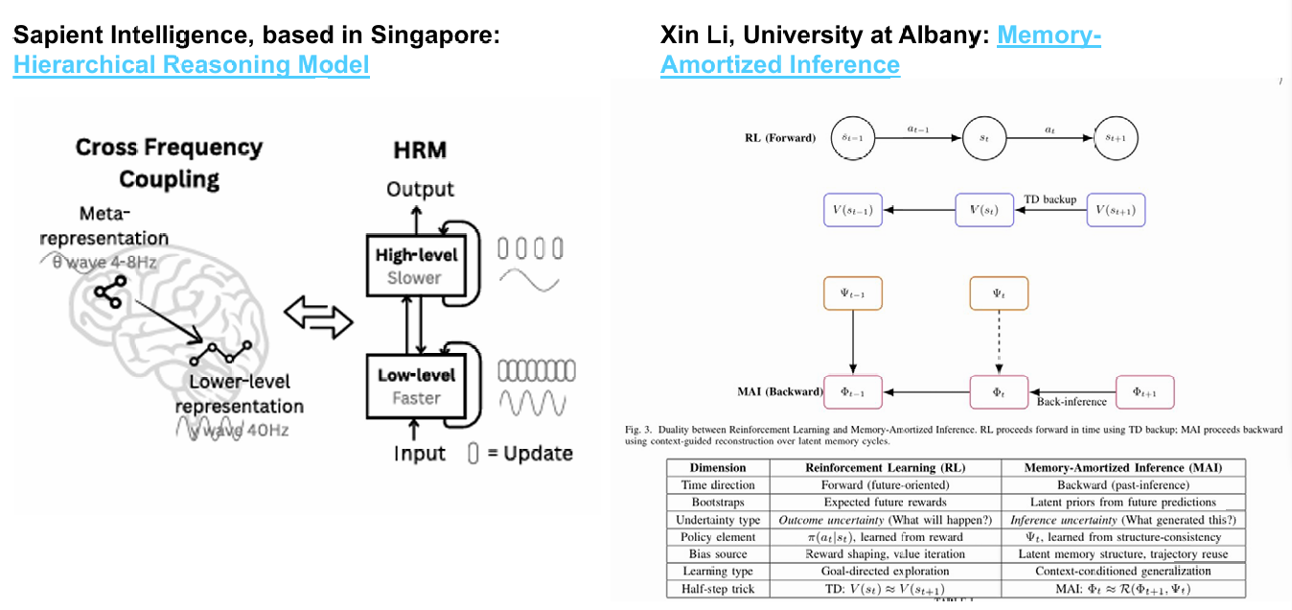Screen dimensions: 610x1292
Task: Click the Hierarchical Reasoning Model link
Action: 191,65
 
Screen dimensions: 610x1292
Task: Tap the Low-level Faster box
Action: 416,386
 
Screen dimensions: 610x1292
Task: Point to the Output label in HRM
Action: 420,189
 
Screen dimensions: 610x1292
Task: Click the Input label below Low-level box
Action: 420,453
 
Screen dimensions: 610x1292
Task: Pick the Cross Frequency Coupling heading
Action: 169,163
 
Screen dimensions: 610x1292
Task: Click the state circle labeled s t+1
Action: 1117,138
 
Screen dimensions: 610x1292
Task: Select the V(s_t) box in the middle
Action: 983,210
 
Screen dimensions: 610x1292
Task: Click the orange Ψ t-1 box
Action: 852,293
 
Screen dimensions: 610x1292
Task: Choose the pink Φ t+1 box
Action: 1144,391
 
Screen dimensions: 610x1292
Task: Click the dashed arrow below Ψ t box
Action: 999,341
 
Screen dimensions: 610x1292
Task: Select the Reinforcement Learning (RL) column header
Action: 884,468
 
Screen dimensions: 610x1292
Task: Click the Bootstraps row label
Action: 718,503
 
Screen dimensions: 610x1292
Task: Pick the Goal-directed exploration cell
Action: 884,572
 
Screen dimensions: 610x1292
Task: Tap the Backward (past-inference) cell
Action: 1122,485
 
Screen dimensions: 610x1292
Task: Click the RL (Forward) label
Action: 780,138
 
